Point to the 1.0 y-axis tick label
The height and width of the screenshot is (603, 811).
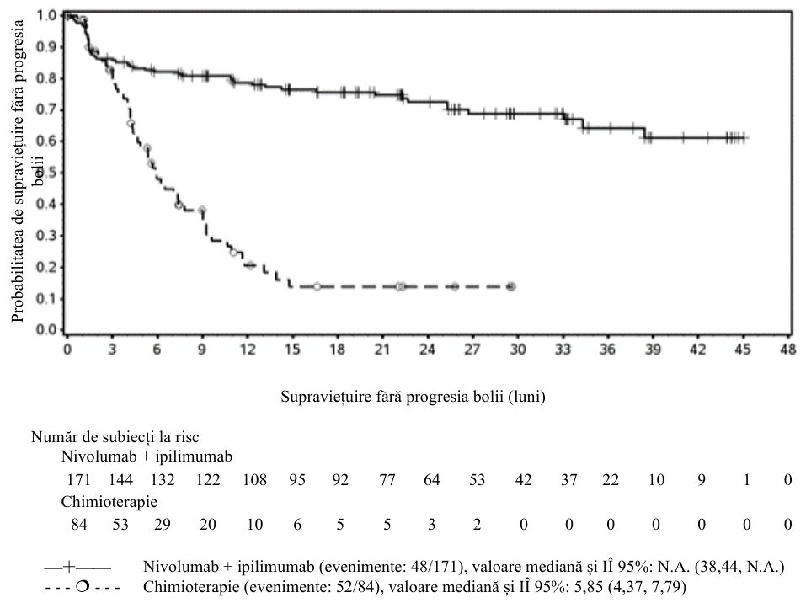(x=45, y=15)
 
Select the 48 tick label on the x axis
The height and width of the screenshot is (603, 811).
(x=787, y=350)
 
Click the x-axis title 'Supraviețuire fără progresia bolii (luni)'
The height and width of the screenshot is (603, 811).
(x=413, y=397)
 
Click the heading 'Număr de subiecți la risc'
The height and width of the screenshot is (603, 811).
(x=115, y=437)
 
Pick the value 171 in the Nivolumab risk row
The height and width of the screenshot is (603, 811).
(x=78, y=480)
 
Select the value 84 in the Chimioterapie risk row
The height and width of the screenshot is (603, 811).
(x=78, y=525)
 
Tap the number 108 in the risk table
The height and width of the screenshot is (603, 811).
(x=254, y=480)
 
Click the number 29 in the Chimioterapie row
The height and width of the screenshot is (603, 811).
(x=162, y=525)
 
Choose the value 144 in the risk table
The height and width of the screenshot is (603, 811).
(x=120, y=480)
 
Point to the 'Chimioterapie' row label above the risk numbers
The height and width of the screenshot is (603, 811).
(x=109, y=502)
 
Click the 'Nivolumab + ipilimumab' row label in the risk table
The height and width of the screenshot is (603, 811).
(x=147, y=456)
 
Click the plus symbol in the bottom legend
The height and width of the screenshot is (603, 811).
(x=69, y=568)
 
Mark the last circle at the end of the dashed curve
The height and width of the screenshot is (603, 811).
(x=511, y=286)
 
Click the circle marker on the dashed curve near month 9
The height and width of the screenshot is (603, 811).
(x=202, y=210)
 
